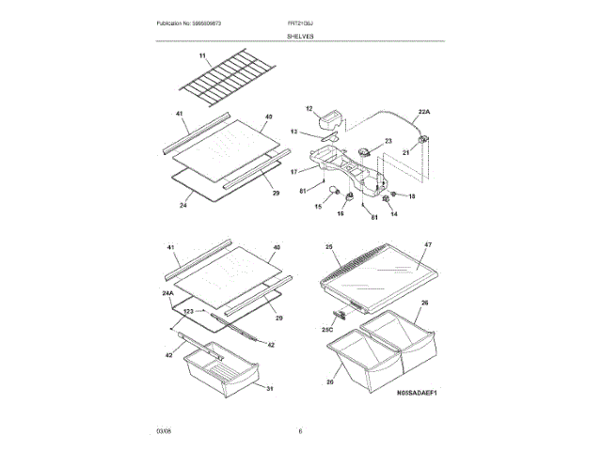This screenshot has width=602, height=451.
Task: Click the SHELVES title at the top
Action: click(301, 36)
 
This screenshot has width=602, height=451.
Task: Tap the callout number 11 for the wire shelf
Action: click(201, 55)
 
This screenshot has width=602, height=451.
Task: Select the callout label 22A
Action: click(423, 111)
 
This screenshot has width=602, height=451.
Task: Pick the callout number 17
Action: click(293, 171)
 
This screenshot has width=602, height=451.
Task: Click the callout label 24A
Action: click(167, 295)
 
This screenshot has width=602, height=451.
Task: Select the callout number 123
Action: click(188, 311)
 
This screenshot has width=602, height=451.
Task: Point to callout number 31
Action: click(268, 390)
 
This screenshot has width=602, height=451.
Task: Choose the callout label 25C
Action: click(328, 330)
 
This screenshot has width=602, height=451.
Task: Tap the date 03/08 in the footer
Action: click(164, 431)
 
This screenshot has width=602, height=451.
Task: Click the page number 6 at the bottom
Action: click(300, 431)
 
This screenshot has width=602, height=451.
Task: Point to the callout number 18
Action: click(411, 195)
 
